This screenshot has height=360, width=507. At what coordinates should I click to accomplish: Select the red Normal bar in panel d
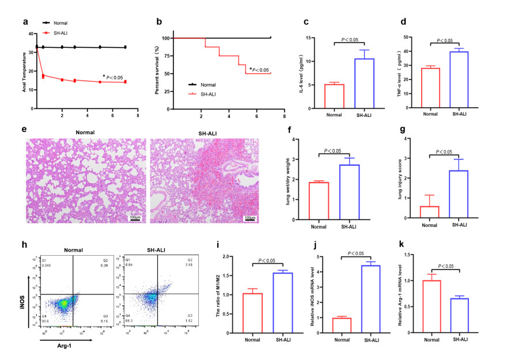430,88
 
